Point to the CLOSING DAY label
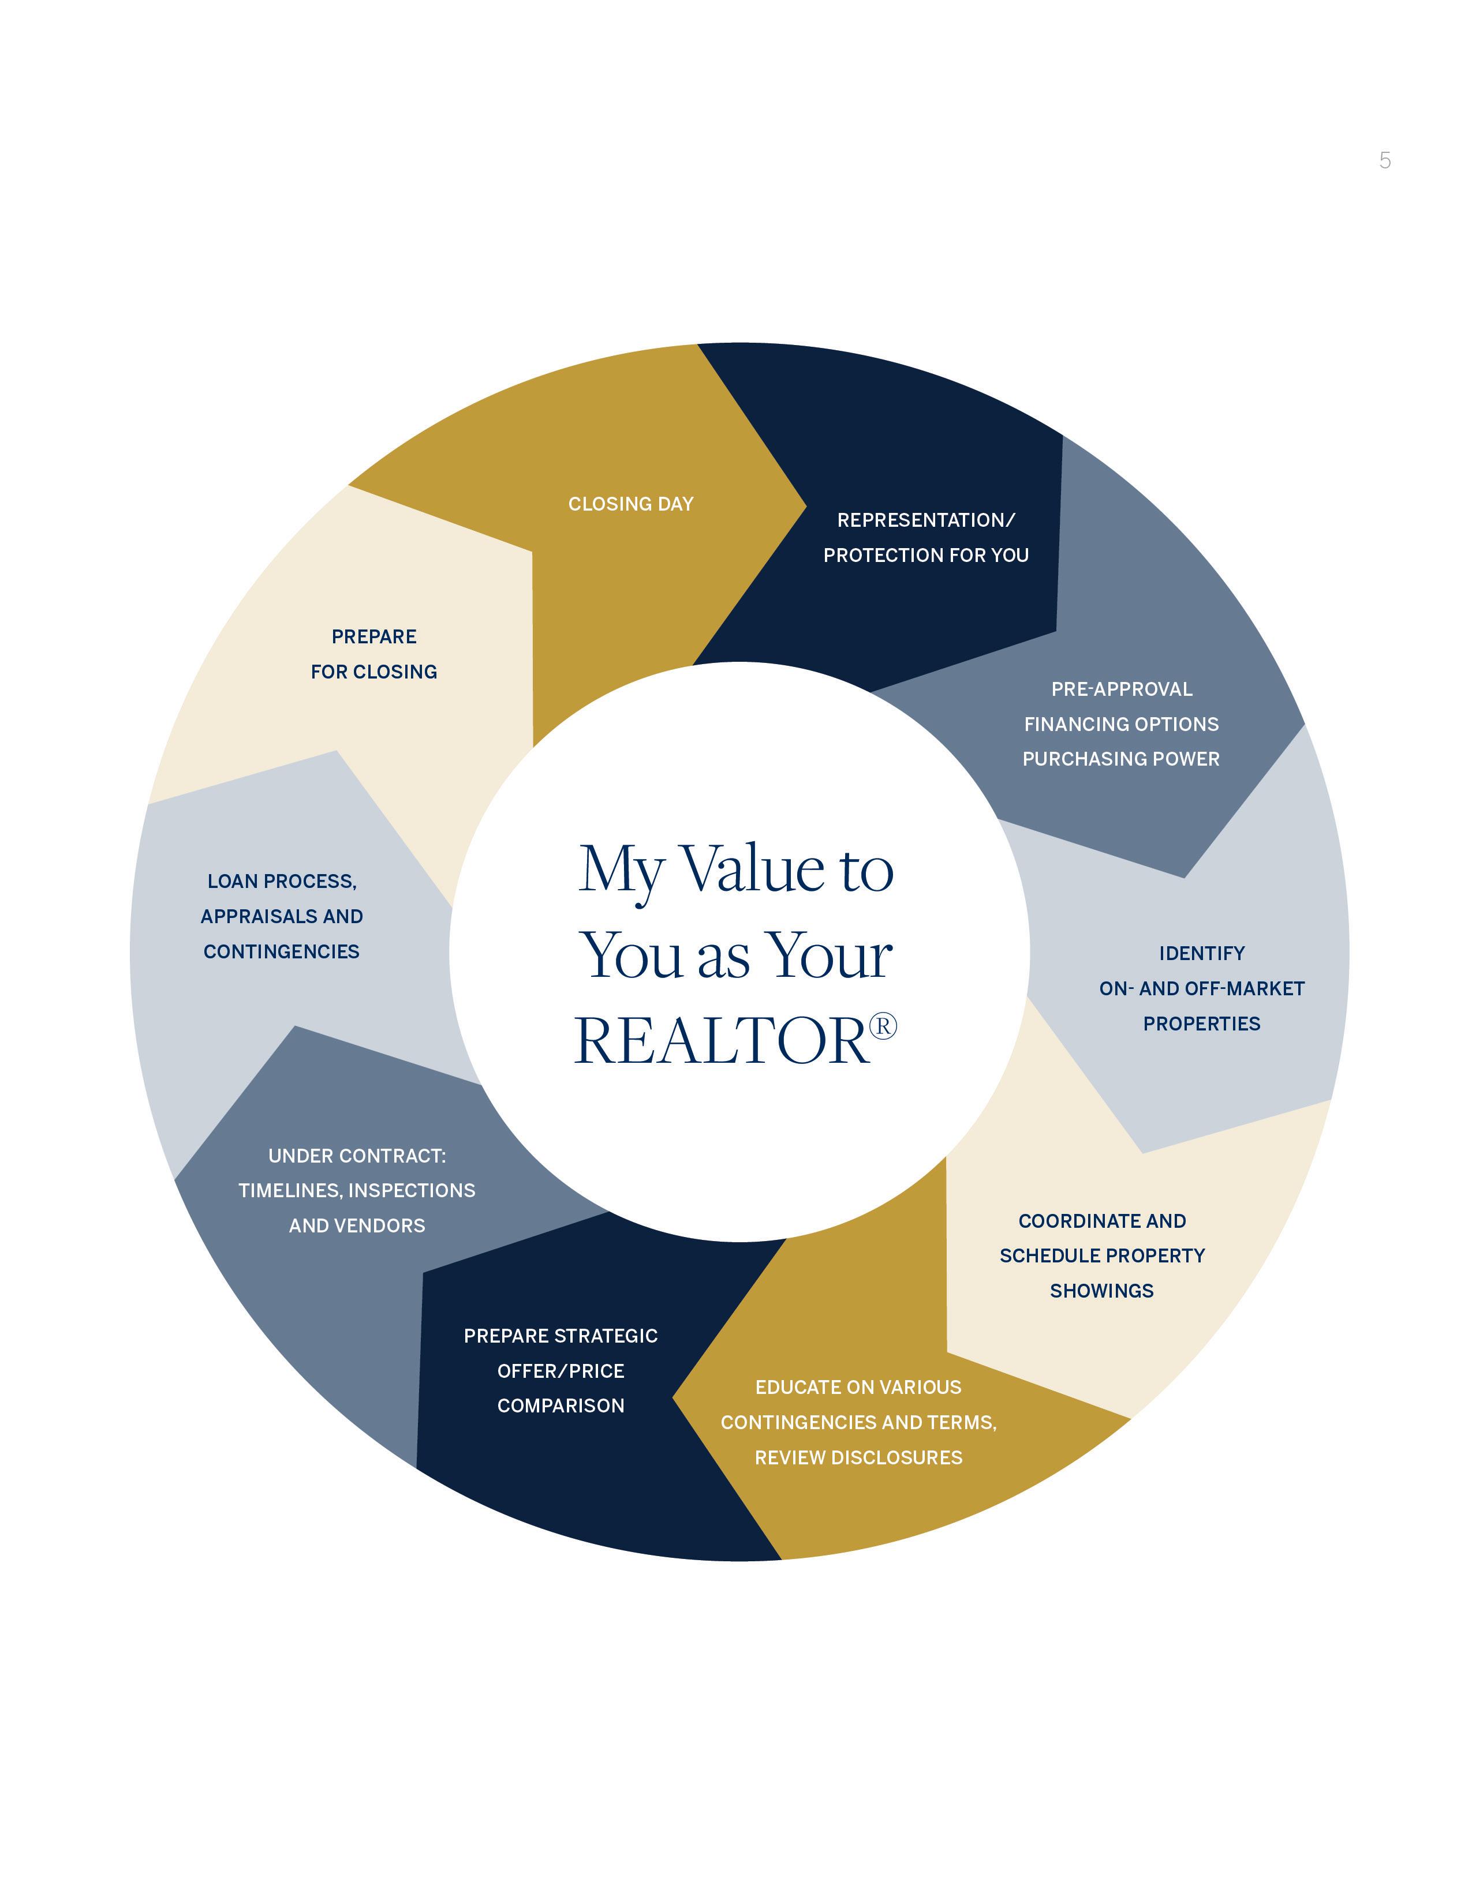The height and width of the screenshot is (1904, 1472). pyautogui.click(x=630, y=504)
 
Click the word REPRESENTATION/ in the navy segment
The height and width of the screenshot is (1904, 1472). pyautogui.click(x=925, y=520)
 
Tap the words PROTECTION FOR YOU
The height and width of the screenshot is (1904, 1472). pyautogui.click(x=925, y=555)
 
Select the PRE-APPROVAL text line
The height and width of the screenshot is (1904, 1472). pyautogui.click(x=1122, y=689)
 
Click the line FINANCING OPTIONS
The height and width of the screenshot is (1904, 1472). pyautogui.click(x=1122, y=725)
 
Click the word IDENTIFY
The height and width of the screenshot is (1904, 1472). pyautogui.click(x=1202, y=954)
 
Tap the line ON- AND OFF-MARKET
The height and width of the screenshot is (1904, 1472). pyautogui.click(x=1202, y=988)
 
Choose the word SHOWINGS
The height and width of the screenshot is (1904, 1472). pyautogui.click(x=1101, y=1291)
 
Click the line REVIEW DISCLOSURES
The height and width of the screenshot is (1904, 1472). pyautogui.click(x=858, y=1457)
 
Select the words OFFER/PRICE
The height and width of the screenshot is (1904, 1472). pyautogui.click(x=561, y=1371)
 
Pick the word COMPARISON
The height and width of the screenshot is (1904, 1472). pyautogui.click(x=561, y=1405)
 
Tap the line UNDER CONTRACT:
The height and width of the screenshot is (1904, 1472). pyautogui.click(x=357, y=1156)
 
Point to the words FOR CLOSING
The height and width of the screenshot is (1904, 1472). pyautogui.click(x=374, y=672)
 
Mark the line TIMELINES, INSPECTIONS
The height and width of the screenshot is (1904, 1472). pyautogui.click(x=357, y=1191)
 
